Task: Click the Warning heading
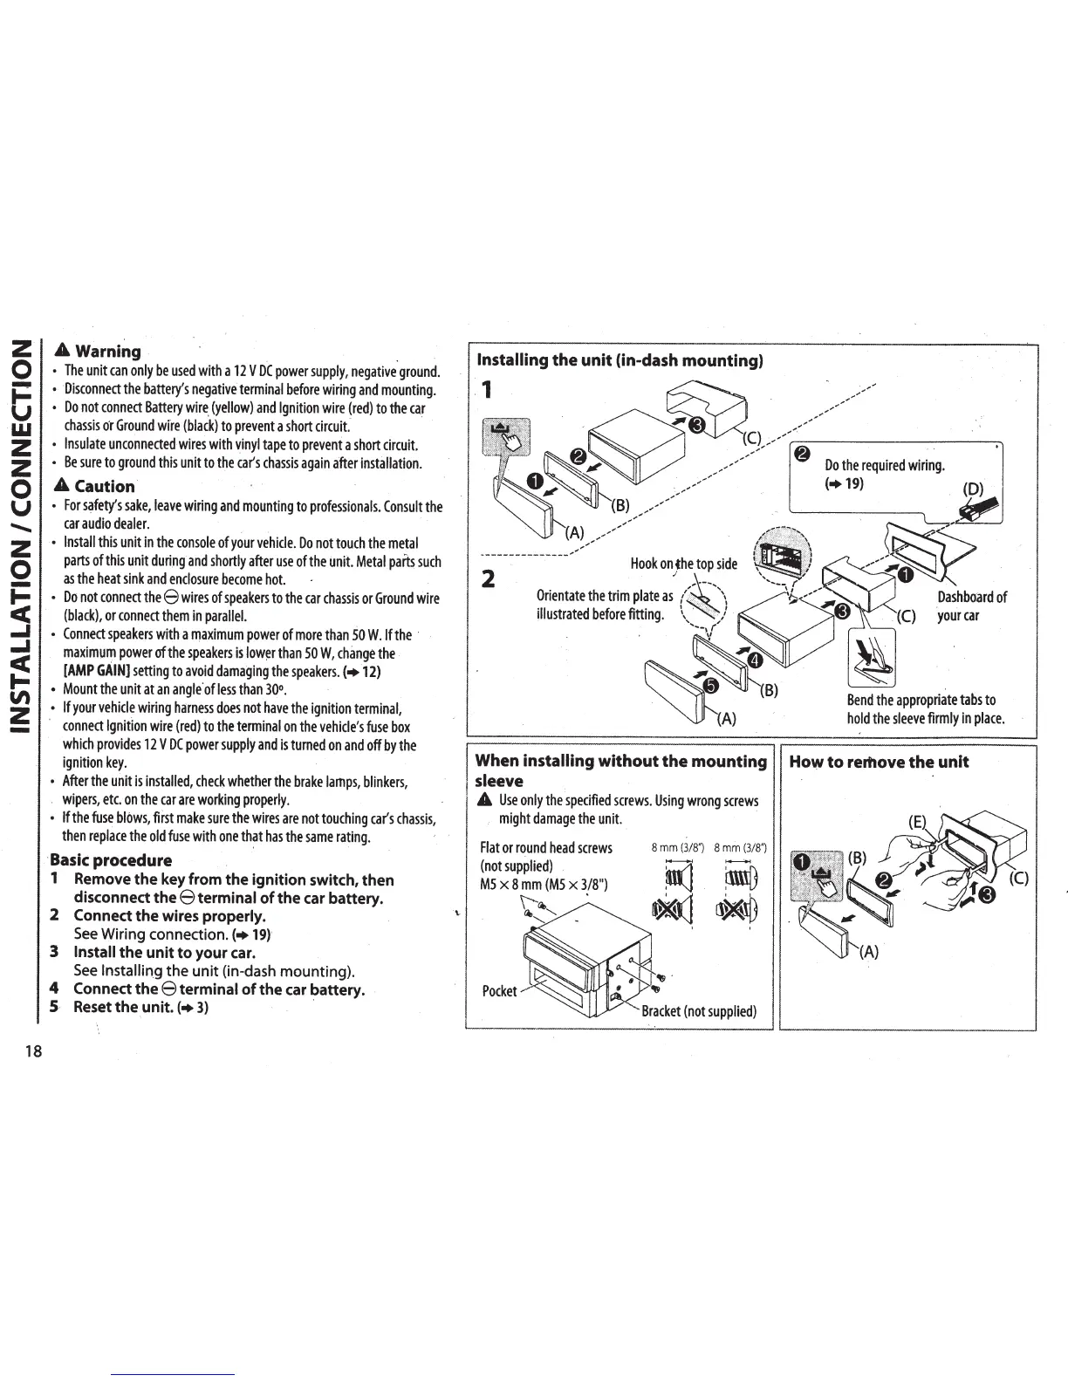[x=106, y=352]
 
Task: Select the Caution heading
[x=103, y=487]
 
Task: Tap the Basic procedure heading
[x=111, y=860]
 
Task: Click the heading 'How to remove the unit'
[x=879, y=762]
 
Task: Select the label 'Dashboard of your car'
[x=971, y=605]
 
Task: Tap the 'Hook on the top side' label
[x=684, y=564]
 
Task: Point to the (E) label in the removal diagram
[x=916, y=821]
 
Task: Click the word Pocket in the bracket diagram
[x=499, y=991]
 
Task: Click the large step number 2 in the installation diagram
[x=489, y=579]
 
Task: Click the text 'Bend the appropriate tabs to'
[x=921, y=701]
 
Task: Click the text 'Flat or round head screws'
[x=546, y=848]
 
